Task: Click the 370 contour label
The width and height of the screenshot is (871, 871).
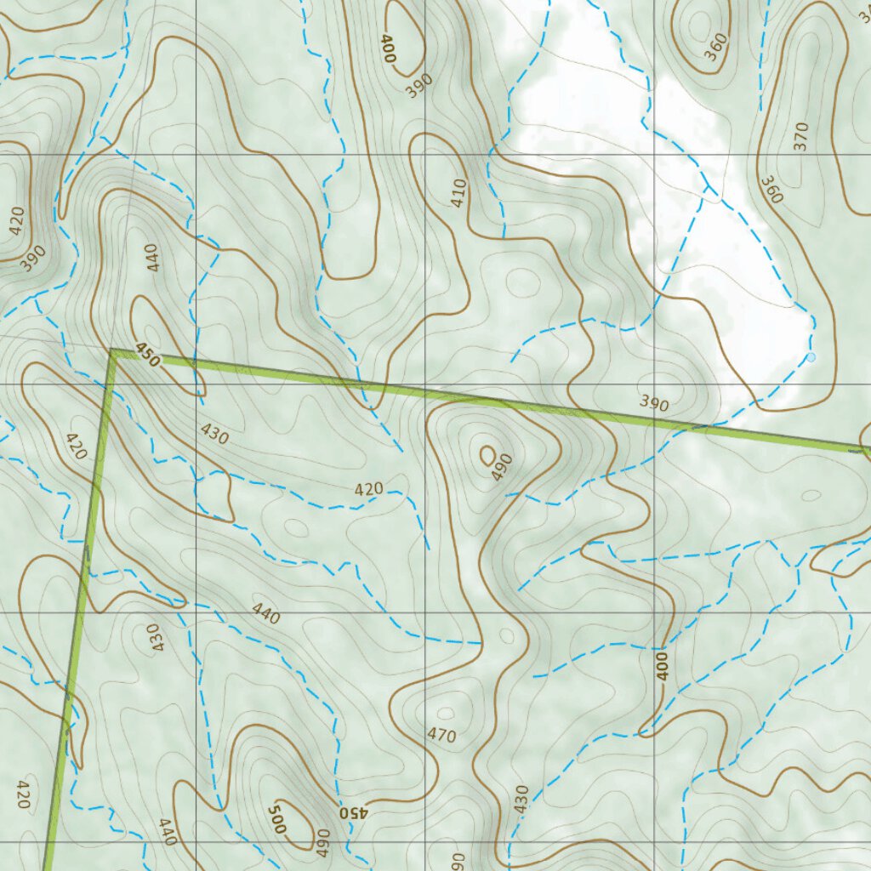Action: point(800,136)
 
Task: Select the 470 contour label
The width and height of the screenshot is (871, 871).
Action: point(442,736)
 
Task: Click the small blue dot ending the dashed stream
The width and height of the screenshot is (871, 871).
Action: point(811,357)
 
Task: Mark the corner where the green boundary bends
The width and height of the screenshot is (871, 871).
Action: point(111,350)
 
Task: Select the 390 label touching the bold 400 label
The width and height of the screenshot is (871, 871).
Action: point(420,85)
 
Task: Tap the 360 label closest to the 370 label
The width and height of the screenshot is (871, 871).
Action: point(771,190)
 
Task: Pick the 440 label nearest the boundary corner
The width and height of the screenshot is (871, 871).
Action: point(152,257)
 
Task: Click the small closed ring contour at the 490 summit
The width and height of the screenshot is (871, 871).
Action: point(488,456)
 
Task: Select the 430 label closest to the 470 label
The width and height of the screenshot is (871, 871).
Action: point(521,798)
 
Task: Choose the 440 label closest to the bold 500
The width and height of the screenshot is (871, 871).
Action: point(167,831)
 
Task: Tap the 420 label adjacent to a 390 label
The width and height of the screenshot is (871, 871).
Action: point(17,221)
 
